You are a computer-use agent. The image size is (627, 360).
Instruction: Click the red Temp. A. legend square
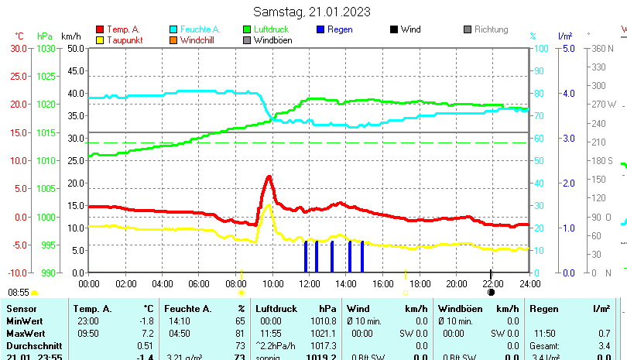99,29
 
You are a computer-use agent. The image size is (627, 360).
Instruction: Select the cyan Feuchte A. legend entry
194,29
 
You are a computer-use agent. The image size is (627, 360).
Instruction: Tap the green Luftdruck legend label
271,29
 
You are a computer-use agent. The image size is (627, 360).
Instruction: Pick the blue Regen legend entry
340,29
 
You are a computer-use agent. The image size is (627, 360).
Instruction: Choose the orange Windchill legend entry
197,40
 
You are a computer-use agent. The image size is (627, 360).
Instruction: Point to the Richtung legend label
491,29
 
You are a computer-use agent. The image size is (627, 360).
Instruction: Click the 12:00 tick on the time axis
310,283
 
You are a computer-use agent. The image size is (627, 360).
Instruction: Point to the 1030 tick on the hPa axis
46,48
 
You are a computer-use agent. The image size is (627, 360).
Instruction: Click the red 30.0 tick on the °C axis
19,48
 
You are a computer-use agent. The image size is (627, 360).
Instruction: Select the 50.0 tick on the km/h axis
74,48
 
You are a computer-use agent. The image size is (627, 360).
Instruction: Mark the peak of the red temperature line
269,177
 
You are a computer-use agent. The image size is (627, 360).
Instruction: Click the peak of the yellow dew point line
269,205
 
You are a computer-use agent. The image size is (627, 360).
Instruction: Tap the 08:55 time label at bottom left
19,293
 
